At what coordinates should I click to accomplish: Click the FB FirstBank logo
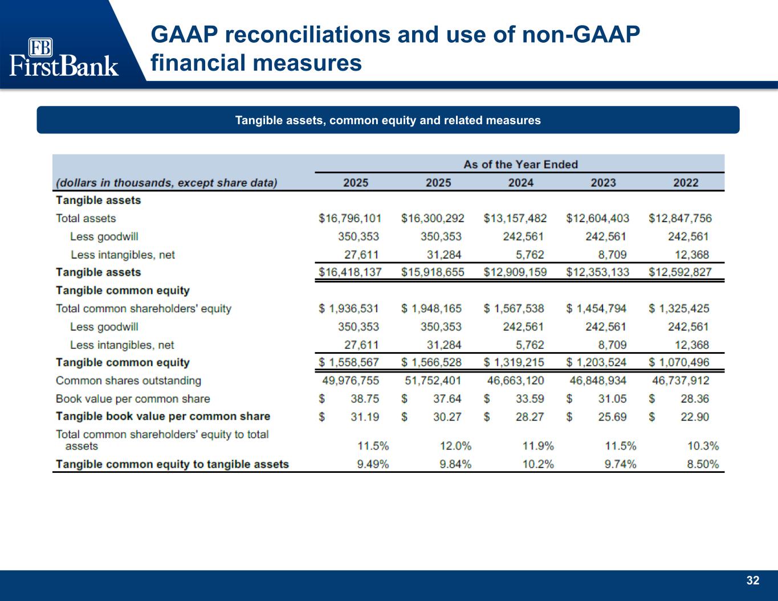pyautogui.click(x=64, y=57)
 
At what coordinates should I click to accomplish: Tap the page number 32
pyautogui.click(x=752, y=580)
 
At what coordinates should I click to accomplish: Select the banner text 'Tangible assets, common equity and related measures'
pyautogui.click(x=388, y=120)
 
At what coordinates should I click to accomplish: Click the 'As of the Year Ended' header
pyautogui.click(x=520, y=164)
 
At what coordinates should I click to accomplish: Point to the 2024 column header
pyautogui.click(x=520, y=183)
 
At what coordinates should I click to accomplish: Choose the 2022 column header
pyautogui.click(x=686, y=183)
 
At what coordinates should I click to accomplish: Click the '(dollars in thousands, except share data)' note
pyautogui.click(x=166, y=183)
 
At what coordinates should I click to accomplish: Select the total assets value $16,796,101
pyautogui.click(x=350, y=218)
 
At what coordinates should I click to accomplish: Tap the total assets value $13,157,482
pyautogui.click(x=515, y=218)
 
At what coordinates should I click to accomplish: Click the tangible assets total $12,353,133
pyautogui.click(x=597, y=272)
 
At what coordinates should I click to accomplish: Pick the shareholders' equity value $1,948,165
pyautogui.click(x=431, y=308)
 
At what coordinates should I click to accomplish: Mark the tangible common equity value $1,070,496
pyautogui.click(x=679, y=362)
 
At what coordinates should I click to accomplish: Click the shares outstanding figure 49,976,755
pyautogui.click(x=350, y=381)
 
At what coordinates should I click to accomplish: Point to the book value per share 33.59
pyautogui.click(x=529, y=399)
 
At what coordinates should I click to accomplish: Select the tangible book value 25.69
pyautogui.click(x=612, y=417)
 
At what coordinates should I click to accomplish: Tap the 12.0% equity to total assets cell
pyautogui.click(x=455, y=446)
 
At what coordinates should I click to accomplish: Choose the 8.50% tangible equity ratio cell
pyautogui.click(x=702, y=464)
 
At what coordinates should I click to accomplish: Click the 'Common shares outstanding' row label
pyautogui.click(x=128, y=381)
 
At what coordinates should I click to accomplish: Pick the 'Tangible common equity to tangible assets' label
pyautogui.click(x=172, y=464)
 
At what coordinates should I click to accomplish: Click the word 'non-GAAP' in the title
pyautogui.click(x=581, y=35)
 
